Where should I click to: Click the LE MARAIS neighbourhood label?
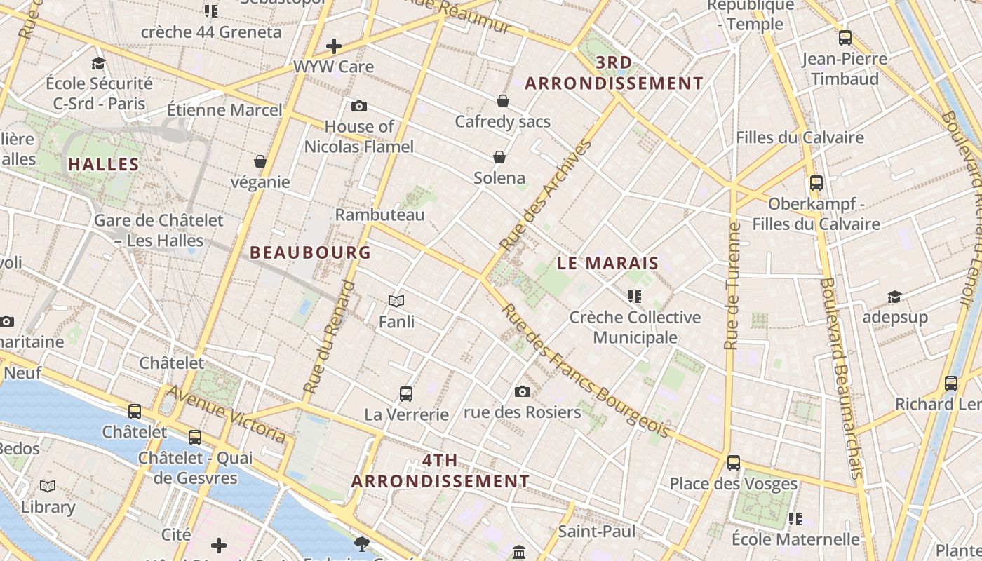(608, 264)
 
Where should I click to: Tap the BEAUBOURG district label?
(310, 252)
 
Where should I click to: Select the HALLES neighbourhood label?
(103, 165)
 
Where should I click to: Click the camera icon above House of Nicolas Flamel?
(359, 107)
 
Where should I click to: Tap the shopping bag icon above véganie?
(260, 161)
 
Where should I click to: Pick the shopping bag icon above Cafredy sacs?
(503, 101)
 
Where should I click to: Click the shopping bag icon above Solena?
(499, 157)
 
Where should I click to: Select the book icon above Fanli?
(396, 302)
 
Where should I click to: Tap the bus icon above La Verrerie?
(406, 393)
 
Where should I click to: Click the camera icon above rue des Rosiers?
(523, 391)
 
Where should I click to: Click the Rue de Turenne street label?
(732, 286)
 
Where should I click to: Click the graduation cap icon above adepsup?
(894, 297)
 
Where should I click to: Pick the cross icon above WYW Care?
(334, 47)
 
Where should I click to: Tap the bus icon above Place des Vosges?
(734, 463)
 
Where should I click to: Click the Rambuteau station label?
(380, 215)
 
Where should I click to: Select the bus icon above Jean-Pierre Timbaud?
(845, 38)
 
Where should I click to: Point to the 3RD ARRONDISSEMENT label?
(614, 73)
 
